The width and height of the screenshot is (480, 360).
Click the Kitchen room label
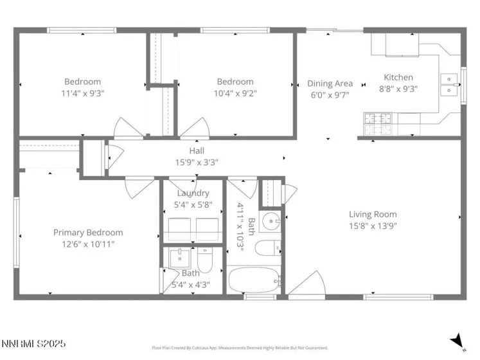[398, 78]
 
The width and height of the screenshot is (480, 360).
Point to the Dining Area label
[330, 84]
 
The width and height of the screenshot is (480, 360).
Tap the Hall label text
[197, 150]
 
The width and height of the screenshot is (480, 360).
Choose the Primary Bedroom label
[87, 232]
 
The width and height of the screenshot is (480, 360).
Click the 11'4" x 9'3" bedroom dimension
[83, 93]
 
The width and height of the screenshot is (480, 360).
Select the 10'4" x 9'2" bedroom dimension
[235, 93]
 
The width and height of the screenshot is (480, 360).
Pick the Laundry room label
[193, 193]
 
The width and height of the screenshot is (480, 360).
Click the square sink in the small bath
[179, 259]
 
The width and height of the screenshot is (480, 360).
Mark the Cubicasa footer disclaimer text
[239, 348]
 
